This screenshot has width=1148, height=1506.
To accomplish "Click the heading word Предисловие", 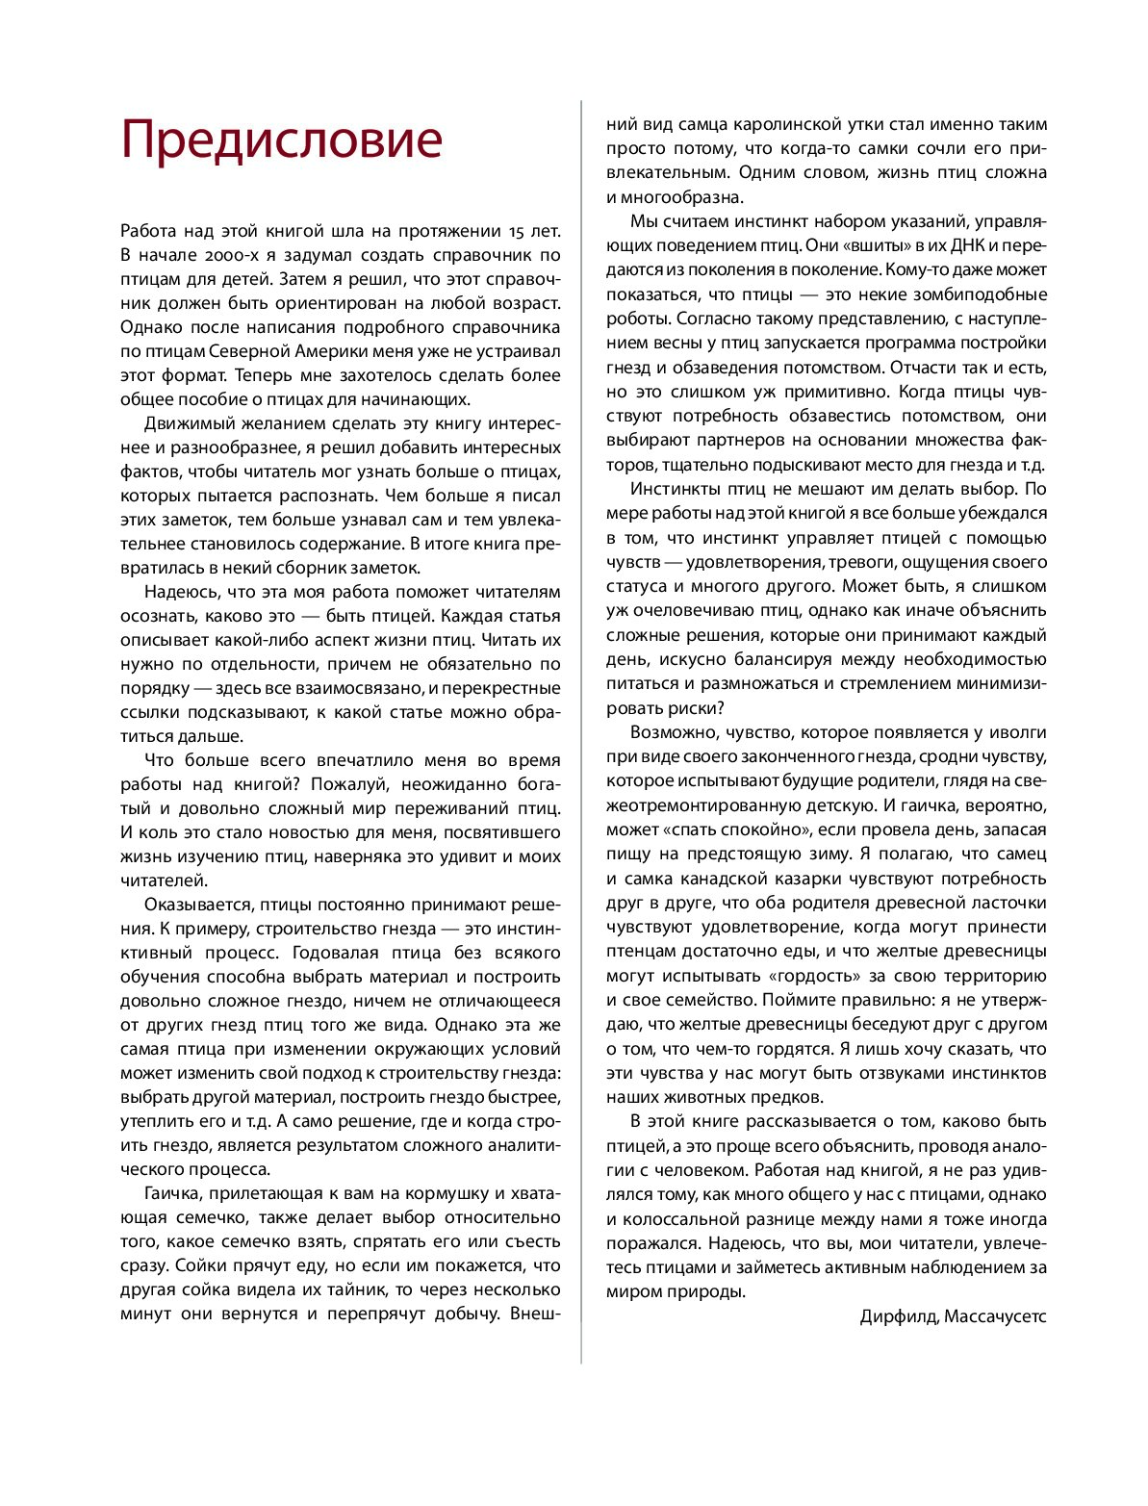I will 282,140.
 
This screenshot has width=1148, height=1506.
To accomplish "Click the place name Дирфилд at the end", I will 898,1316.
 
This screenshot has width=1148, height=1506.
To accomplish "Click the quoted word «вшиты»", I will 876,245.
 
